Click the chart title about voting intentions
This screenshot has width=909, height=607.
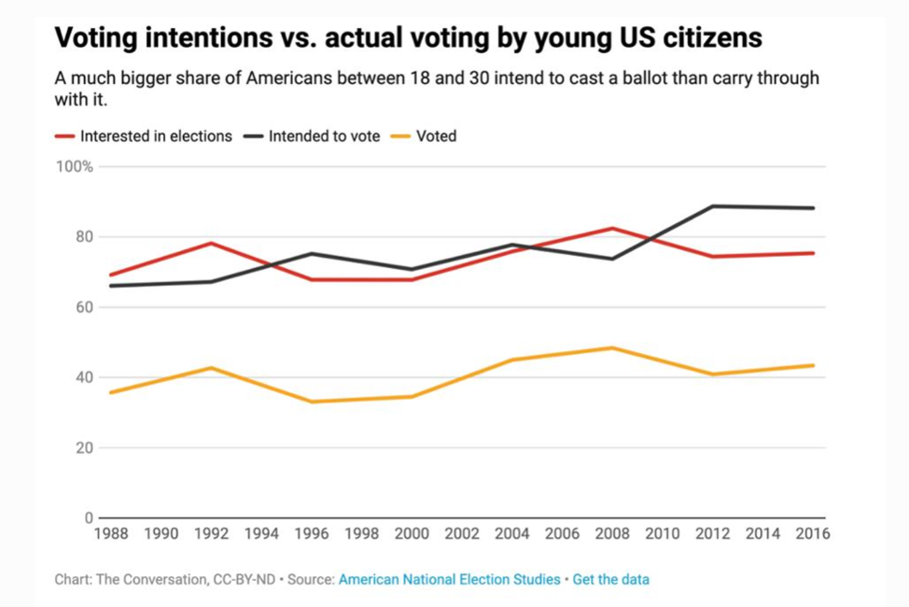pos(408,37)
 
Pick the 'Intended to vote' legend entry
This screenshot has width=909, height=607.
pos(324,136)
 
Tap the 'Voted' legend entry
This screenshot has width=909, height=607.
pos(436,136)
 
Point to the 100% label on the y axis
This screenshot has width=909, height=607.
pos(75,167)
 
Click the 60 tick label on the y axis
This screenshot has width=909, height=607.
pos(83,307)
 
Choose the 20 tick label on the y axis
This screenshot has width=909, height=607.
pos(83,448)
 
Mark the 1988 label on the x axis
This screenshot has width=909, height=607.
pos(111,534)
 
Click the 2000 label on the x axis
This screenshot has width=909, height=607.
pos(412,534)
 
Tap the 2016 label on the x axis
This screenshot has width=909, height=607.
pos(812,534)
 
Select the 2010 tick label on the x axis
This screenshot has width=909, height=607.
pos(662,534)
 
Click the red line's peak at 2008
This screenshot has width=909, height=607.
pos(612,228)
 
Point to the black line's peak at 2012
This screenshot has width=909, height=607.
pos(712,206)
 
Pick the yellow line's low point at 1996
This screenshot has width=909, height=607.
pos(312,402)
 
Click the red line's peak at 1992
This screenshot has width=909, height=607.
pos(212,243)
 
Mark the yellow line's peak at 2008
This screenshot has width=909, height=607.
pos(612,347)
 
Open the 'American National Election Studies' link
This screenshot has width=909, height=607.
pos(449,579)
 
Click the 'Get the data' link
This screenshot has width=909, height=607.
pos(611,579)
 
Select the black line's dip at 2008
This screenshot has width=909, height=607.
pos(612,259)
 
